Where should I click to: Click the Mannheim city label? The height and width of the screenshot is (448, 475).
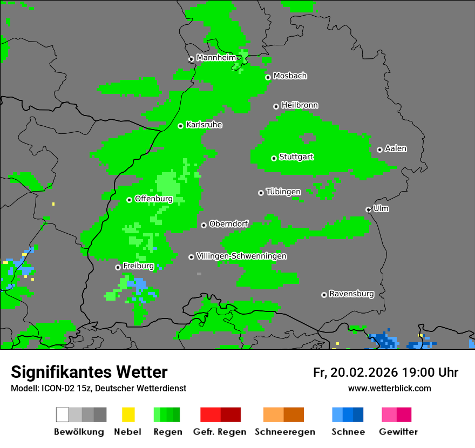216,58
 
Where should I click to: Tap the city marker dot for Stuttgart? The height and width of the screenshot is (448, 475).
274,158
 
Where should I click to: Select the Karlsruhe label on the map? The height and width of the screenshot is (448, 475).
204,125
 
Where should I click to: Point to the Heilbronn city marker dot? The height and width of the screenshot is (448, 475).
276,106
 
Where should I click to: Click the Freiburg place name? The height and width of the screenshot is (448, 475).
138,266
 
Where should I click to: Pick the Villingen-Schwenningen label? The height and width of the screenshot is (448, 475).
241,256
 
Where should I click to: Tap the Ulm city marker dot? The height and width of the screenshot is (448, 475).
368,209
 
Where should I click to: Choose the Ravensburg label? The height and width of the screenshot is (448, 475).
351,294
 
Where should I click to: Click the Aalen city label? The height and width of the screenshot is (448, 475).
396,148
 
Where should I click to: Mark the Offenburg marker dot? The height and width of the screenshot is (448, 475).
129,200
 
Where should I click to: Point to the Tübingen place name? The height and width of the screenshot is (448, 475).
283,192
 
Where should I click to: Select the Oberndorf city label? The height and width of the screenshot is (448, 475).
228,224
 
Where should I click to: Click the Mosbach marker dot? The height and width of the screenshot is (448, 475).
268,77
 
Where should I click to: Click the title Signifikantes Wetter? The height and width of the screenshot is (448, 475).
89,372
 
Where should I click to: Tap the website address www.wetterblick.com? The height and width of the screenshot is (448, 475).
389,388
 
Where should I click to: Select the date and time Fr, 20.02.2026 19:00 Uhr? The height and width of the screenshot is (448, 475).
385,372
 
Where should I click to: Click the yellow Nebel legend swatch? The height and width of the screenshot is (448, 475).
128,415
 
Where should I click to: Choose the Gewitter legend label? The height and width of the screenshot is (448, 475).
398,432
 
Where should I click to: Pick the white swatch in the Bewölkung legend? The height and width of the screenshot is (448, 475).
63,415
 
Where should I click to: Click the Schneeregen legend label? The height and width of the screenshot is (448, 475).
285,432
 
